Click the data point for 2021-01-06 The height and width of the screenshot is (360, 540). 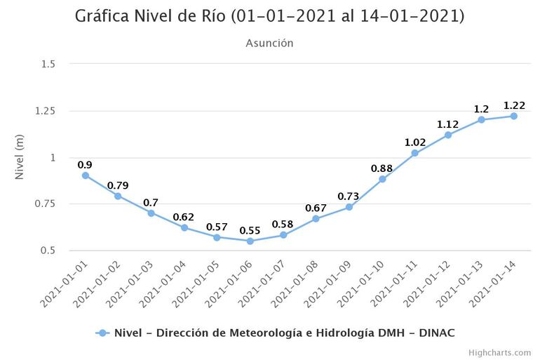250,241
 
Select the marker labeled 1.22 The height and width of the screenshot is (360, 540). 514,116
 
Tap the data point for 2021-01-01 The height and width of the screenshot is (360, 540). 85,175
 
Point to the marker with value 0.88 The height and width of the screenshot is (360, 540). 382,179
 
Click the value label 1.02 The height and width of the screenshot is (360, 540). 415,142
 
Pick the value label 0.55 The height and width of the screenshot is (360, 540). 250,230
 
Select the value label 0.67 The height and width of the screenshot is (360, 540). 316,208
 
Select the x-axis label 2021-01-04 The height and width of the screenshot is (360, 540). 162,282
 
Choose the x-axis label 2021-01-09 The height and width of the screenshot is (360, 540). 327,282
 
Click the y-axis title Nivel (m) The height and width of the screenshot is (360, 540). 20,157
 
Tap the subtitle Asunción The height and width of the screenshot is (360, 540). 269,44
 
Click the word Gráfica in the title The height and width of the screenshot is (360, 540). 107,16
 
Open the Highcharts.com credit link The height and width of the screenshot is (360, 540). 499,352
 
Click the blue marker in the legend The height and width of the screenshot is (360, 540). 102,333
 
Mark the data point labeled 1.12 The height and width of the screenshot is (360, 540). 448,135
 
